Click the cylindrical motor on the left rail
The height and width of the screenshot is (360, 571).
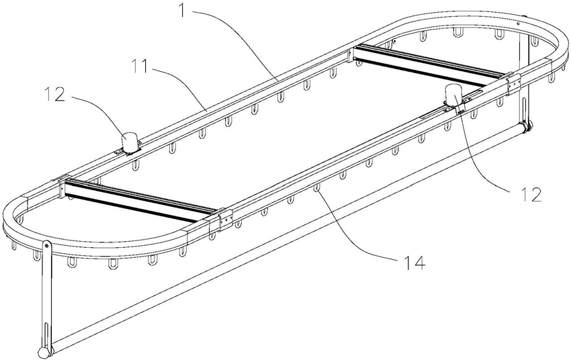[129, 141]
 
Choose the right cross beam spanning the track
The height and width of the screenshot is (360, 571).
[430, 66]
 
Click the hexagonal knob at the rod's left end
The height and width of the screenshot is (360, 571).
[44, 352]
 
